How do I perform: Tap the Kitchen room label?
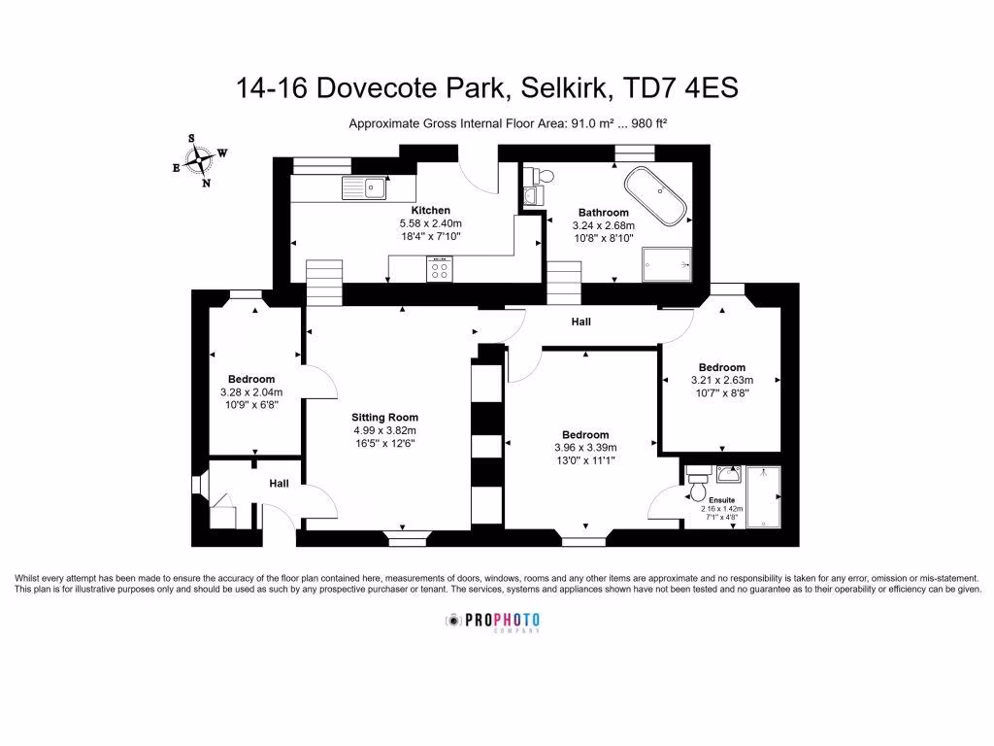tap(430, 210)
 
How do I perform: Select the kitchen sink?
tap(361, 186)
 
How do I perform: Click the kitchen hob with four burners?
tap(439, 269)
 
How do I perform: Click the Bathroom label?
tap(603, 212)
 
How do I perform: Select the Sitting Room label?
tap(384, 418)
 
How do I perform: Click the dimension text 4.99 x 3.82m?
tap(384, 430)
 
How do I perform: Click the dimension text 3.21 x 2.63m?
tap(721, 380)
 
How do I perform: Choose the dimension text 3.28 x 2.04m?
tap(251, 392)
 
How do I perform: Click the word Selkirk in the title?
tap(565, 88)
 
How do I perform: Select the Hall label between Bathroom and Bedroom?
tap(580, 322)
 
